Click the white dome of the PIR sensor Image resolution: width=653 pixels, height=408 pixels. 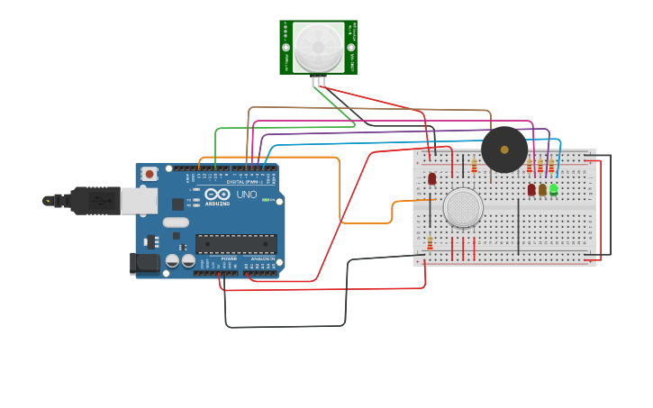pos(318,47)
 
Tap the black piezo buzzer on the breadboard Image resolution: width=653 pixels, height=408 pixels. pos(503,150)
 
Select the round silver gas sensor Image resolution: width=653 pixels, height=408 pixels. pos(463,207)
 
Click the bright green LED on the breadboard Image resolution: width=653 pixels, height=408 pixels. pos(554,189)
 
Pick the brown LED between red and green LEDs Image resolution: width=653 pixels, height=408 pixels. pos(542,189)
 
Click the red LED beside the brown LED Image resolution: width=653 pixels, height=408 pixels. pos(531,189)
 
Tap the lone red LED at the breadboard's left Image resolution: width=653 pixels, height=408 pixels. pos(431,178)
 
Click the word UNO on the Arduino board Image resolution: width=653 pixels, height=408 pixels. pos(247,195)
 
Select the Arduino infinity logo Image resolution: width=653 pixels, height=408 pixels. pos(216,194)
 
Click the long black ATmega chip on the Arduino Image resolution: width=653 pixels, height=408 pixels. pos(236,243)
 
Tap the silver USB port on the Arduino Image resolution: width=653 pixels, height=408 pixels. pos(138,201)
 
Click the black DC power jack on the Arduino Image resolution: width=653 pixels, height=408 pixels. pos(143,263)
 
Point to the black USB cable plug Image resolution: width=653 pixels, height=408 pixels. pos(90,200)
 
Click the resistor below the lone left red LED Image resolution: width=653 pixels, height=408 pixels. pos(430,242)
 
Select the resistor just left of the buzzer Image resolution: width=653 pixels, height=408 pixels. pos(474,165)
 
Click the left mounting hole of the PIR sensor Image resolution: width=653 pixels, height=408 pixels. pos(286,47)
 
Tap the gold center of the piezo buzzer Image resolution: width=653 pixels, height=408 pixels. pos(504,150)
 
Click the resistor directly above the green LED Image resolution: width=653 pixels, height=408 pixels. pos(551,167)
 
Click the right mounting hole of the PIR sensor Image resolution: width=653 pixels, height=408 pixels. pos(350,47)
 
